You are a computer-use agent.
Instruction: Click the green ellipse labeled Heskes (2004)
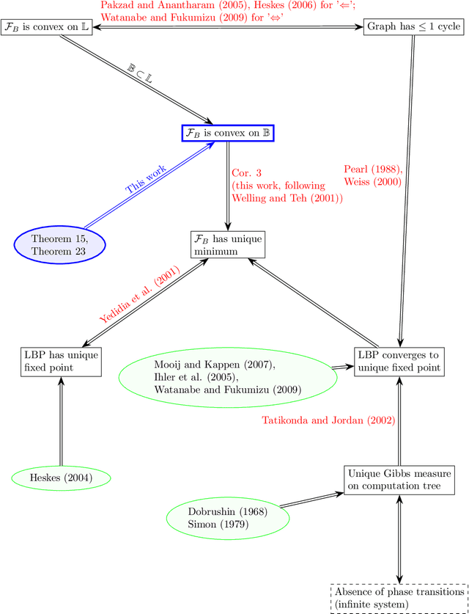[x=61, y=479]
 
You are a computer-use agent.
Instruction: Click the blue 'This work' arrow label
[x=146, y=179]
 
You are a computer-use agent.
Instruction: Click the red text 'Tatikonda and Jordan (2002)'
[x=329, y=420]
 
